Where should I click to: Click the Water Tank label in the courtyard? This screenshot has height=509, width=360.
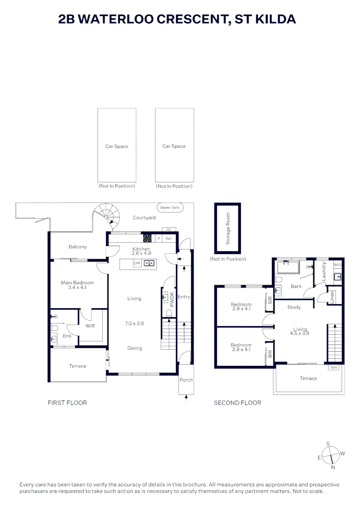click(170, 207)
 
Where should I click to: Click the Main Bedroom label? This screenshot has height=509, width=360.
click(77, 285)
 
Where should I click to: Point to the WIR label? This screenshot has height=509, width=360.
click(90, 326)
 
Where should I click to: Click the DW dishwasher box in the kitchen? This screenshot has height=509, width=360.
click(137, 263)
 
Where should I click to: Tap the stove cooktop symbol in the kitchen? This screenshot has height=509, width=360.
click(147, 238)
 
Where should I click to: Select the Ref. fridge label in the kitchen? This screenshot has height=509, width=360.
click(169, 239)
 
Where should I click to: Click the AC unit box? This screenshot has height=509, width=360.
click(169, 230)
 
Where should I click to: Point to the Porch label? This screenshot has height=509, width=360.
click(186, 380)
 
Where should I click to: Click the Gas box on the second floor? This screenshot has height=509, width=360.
click(334, 367)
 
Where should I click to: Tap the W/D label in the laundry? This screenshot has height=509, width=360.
click(337, 265)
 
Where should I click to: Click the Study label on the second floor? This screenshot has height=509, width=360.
click(294, 307)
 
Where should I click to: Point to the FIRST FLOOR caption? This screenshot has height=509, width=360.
click(67, 402)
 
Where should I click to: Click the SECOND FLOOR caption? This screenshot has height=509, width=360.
click(237, 402)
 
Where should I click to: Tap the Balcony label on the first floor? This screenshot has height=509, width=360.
click(78, 247)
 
